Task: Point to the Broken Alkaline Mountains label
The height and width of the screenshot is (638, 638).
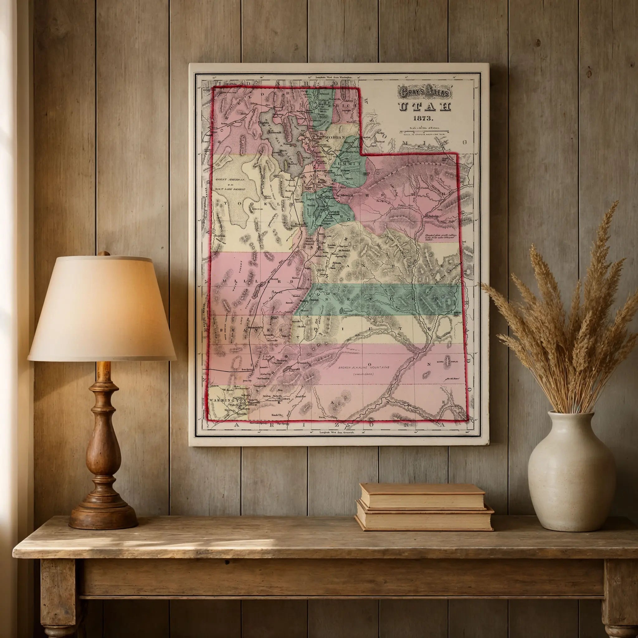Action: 364,367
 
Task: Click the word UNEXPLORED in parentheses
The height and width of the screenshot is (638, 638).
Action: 363,374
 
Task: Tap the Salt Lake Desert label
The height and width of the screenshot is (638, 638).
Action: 230,189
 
